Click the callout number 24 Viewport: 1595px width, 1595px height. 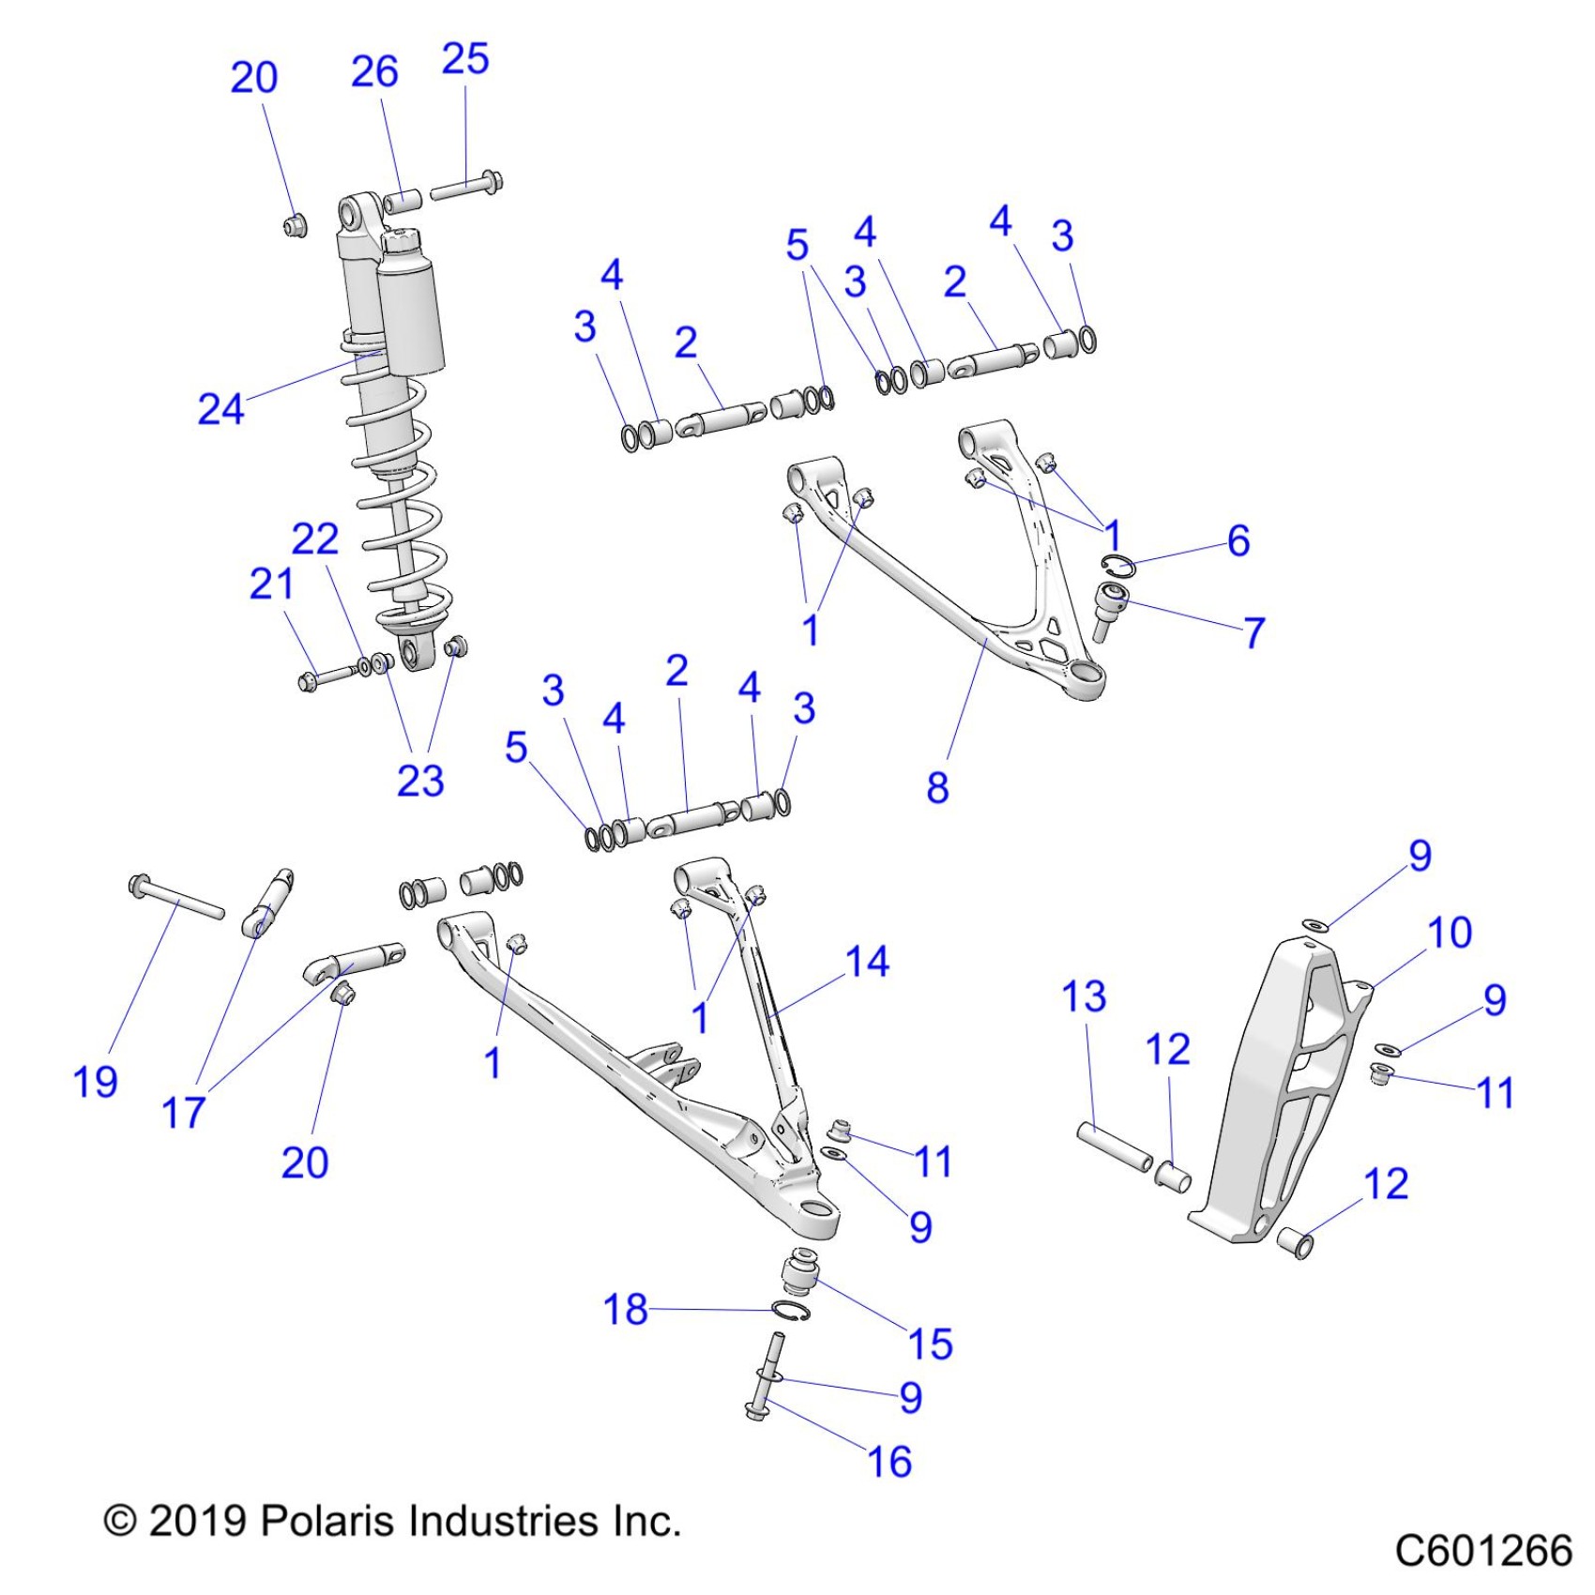click(x=220, y=409)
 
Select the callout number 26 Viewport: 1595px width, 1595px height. click(x=374, y=72)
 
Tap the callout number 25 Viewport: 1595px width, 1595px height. click(x=465, y=59)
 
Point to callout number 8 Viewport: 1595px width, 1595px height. click(x=937, y=787)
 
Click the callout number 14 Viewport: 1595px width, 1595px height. click(x=867, y=962)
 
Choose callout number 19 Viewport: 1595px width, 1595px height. click(x=95, y=1082)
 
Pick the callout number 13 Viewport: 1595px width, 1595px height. click(x=1084, y=996)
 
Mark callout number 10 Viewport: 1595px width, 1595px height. click(x=1450, y=933)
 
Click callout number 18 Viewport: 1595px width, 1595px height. click(x=626, y=1309)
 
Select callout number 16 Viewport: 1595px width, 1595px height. click(x=889, y=1462)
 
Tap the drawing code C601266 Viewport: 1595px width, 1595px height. click(x=1482, y=1550)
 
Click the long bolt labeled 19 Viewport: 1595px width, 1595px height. click(x=176, y=897)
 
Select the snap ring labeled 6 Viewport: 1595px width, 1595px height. click(x=1118, y=566)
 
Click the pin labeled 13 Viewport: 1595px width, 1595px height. click(x=1114, y=1147)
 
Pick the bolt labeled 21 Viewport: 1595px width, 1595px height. click(x=328, y=676)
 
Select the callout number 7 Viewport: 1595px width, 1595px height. click(x=1254, y=632)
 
